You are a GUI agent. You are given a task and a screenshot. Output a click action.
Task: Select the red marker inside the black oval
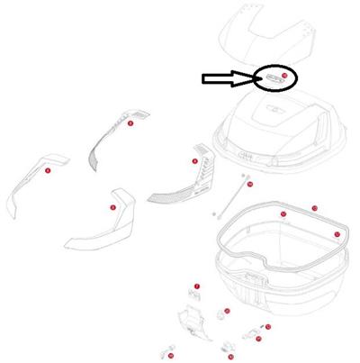283,76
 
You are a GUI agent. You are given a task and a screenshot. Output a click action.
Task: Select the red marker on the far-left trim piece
47,168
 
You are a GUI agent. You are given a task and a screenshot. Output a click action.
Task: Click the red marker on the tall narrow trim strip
130,123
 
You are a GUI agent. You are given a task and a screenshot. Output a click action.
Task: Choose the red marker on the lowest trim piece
112,208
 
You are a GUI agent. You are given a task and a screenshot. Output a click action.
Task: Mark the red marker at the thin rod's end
249,184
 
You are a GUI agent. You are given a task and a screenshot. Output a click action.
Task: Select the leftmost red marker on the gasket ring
283,214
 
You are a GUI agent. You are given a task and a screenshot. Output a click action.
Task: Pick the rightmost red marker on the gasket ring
337,234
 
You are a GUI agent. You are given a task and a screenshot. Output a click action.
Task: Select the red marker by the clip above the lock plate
198,286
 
